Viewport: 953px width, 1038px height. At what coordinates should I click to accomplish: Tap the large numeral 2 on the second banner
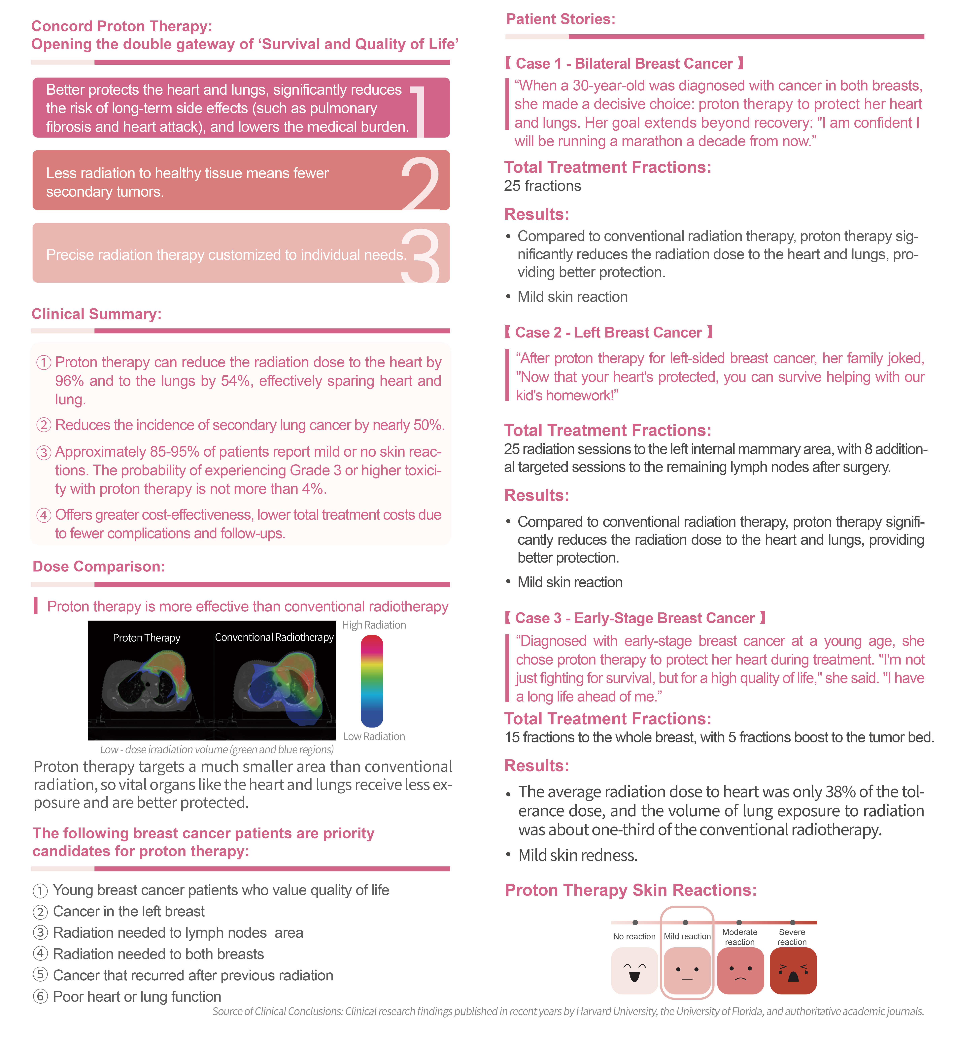420,183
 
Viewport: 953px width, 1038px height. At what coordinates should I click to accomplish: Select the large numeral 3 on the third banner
420,256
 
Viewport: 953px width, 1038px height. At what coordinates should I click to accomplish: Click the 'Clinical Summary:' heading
96,314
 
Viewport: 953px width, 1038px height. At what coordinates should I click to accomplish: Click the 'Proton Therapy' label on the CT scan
147,638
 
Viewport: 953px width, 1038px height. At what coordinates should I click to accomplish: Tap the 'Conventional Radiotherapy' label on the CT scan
274,637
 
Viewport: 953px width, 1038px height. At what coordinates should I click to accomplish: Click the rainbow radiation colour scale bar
372,681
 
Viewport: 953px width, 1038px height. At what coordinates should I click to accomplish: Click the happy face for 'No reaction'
634,971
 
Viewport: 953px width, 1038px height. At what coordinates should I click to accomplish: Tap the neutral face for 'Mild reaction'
687,971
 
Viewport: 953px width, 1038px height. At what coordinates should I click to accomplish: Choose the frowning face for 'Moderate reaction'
740,971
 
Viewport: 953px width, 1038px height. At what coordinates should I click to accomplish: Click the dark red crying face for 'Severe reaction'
793,971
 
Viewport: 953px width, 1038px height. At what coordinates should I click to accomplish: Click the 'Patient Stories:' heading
561,19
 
